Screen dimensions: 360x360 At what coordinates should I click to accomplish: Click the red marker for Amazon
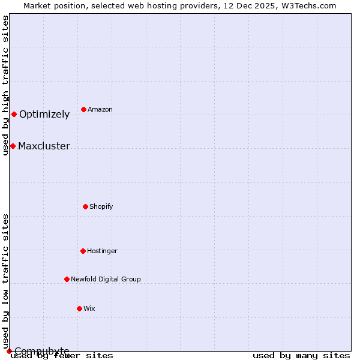point(83,109)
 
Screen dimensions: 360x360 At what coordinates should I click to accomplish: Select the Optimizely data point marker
point(14,114)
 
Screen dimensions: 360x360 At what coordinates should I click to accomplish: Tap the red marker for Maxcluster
point(13,146)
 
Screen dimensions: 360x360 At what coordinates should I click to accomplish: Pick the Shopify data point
point(85,206)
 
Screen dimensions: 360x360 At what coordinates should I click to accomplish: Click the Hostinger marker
point(83,251)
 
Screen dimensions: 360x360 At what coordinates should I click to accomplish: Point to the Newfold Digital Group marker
point(67,279)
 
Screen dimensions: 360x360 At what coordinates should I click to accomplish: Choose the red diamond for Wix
point(79,308)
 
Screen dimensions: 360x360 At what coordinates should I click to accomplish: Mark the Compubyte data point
point(9,351)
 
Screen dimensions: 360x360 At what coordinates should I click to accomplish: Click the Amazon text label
point(100,109)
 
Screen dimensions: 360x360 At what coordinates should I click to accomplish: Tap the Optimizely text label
point(44,115)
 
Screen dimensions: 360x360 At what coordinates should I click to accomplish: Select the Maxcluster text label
point(44,146)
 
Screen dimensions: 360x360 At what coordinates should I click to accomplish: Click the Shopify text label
point(101,206)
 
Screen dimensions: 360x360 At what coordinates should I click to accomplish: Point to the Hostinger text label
point(102,251)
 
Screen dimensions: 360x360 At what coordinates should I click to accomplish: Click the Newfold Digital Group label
point(106,279)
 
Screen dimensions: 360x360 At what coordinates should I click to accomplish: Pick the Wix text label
point(89,308)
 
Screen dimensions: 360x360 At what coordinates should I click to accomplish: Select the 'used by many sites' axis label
point(301,355)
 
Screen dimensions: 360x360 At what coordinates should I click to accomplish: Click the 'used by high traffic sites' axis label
point(5,85)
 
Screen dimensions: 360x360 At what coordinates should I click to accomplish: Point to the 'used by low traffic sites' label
point(5,281)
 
